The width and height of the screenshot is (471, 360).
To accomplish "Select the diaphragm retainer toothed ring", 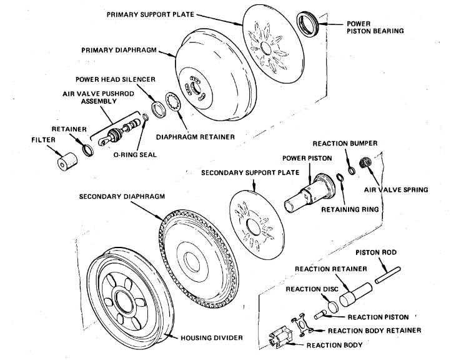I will click(x=173, y=102).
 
